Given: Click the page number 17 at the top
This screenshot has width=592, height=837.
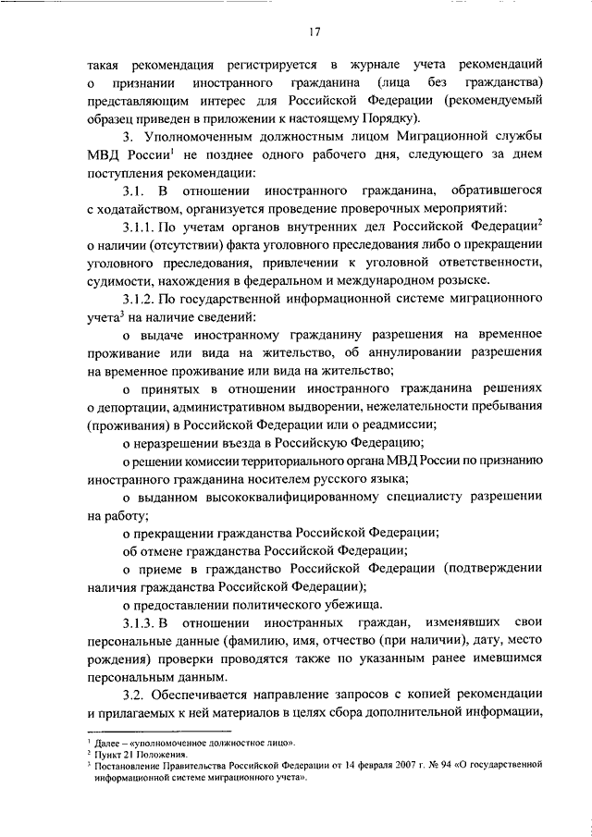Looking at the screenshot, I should click(x=315, y=33).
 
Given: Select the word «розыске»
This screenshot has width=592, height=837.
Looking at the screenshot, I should click(x=468, y=281).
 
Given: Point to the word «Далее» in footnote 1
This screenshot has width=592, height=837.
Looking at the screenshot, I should click(x=110, y=743).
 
